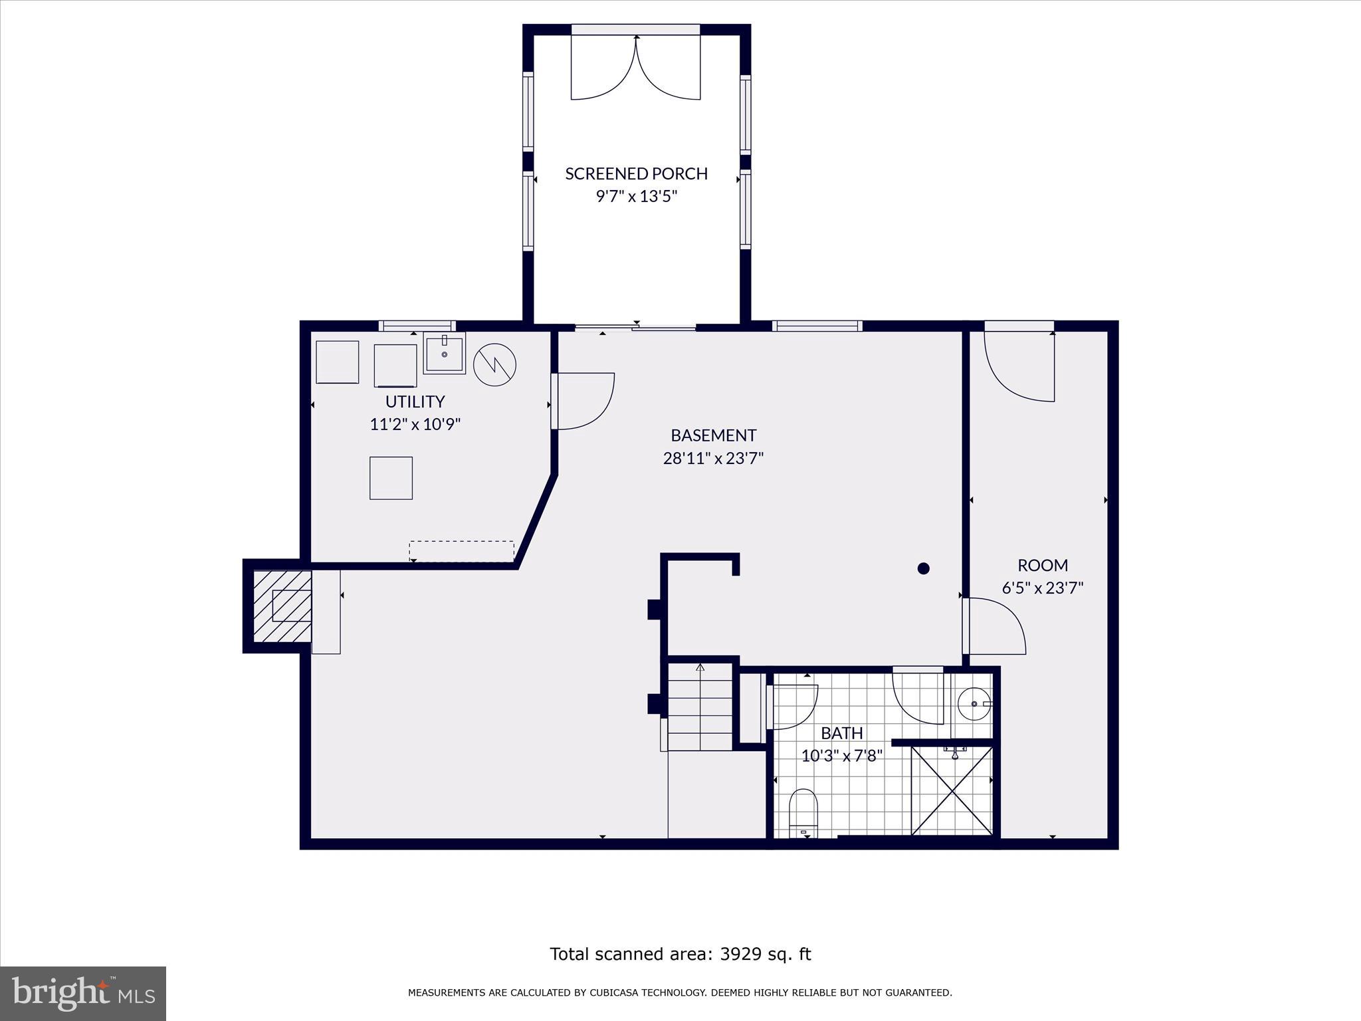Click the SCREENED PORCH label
click(x=636, y=173)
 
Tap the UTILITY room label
click(x=415, y=401)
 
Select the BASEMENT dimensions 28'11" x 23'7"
click(x=713, y=458)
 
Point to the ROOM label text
click(x=1043, y=565)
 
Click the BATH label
click(x=842, y=733)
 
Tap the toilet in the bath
click(x=803, y=813)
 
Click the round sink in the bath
click(x=975, y=703)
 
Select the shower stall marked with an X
click(x=952, y=790)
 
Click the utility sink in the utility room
click(x=444, y=353)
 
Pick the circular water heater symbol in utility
click(x=494, y=364)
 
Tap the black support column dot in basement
click(x=923, y=568)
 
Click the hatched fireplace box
click(x=282, y=606)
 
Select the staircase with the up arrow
click(x=700, y=707)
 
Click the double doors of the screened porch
click(x=636, y=66)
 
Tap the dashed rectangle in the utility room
click(x=461, y=551)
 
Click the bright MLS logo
click(x=83, y=993)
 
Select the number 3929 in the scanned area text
click(x=741, y=954)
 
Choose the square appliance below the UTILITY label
click(x=391, y=478)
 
